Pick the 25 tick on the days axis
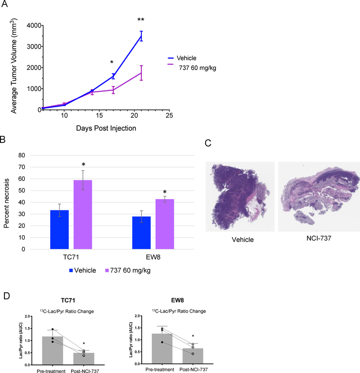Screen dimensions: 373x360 click(x=169, y=116)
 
